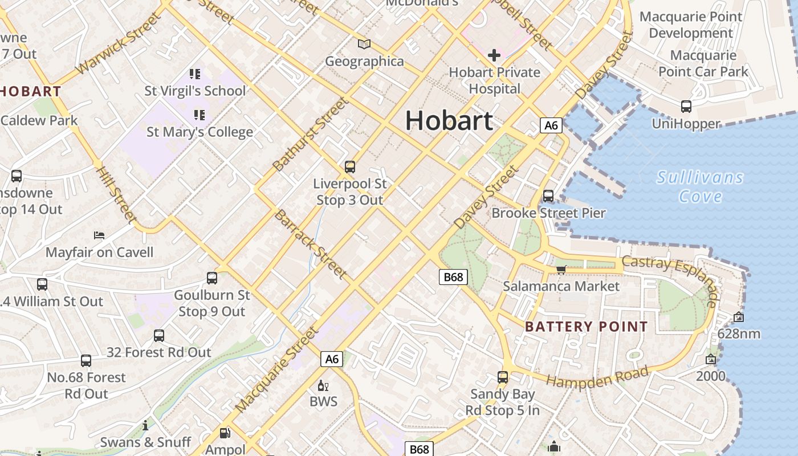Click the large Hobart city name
[x=449, y=121]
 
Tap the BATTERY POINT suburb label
[x=586, y=327]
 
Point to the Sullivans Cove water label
[x=700, y=187]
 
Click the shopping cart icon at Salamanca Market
[x=561, y=269]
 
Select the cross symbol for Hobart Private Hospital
[x=494, y=55]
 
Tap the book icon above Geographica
[x=364, y=44]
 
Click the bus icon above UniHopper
[x=686, y=107]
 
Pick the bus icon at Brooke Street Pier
[x=548, y=196]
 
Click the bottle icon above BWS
[x=323, y=386]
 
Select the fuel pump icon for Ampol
[x=225, y=433]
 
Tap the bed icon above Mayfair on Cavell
[x=99, y=235]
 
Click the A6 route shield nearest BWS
[x=332, y=359]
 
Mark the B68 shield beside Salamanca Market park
[x=453, y=277]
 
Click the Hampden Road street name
[x=597, y=377]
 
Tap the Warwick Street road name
[x=118, y=44]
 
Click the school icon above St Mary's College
[x=199, y=115]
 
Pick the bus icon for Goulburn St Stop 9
[x=212, y=278]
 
